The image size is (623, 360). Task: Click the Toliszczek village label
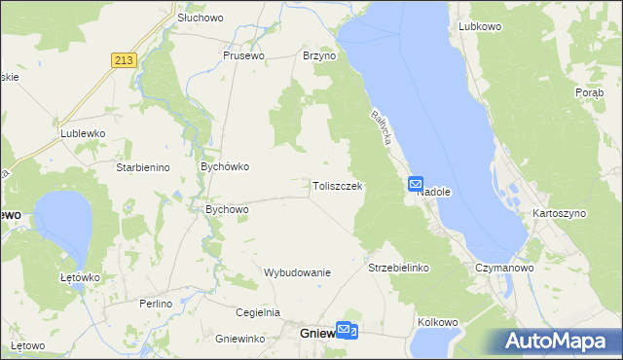pyautogui.click(x=338, y=186)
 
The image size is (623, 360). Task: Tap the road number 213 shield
pyautogui.click(x=123, y=60)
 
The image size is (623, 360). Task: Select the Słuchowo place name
pyautogui.click(x=201, y=18)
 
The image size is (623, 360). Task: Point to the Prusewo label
pyautogui.click(x=243, y=55)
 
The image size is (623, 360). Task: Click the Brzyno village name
pyautogui.click(x=319, y=56)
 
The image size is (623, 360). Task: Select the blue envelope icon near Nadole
pyautogui.click(x=416, y=183)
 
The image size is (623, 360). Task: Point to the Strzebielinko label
pyautogui.click(x=398, y=267)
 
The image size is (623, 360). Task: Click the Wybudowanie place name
pyautogui.click(x=298, y=272)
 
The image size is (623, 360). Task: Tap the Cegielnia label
pyautogui.click(x=258, y=312)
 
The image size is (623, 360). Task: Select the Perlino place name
pyautogui.click(x=155, y=304)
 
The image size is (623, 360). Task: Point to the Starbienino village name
pyautogui.click(x=143, y=167)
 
